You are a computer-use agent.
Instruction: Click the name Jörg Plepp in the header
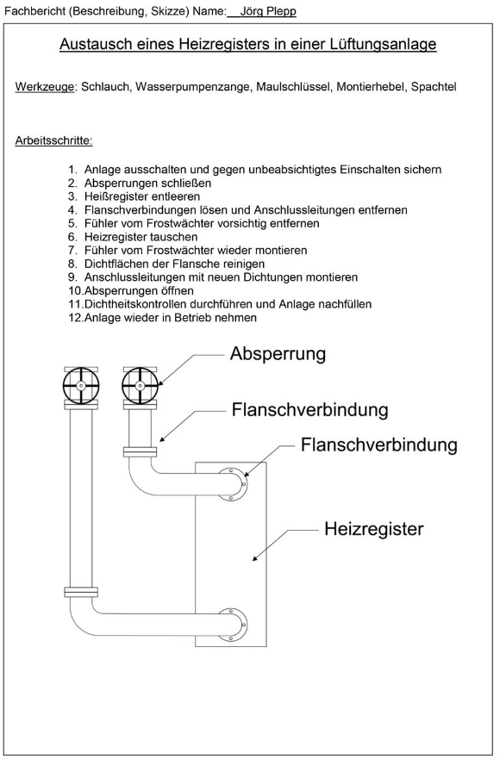pos(268,11)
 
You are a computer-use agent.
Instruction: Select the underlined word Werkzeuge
pos(45,87)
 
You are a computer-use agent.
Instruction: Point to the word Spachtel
pos(434,87)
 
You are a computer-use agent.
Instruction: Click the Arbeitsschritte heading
pos(53,141)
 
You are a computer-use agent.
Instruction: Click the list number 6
pos(72,237)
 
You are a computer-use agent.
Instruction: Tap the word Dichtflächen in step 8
pos(115,264)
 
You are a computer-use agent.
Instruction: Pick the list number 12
pos(76,318)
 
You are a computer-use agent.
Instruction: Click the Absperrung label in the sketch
pos(278,354)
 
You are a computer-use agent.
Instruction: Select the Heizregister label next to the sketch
pos(373,529)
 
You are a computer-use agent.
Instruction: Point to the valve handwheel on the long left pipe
pos(81,385)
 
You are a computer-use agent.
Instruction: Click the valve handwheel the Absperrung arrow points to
pos(140,385)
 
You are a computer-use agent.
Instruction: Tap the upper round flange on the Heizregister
pos(232,484)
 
